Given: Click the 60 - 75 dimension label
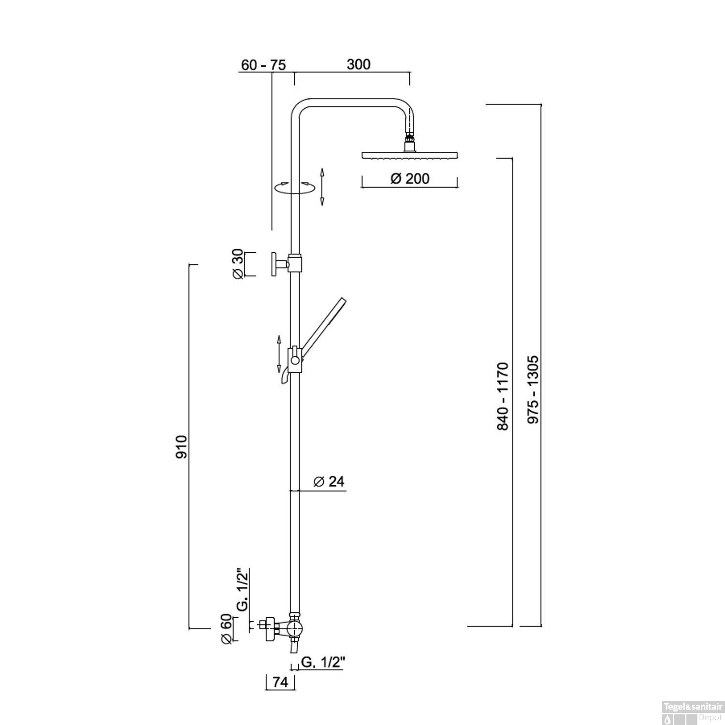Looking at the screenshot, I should click(263, 65).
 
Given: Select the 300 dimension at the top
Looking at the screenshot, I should click(358, 64).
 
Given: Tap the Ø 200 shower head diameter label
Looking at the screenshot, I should click(409, 179).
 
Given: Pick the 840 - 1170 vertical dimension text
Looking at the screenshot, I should click(503, 396).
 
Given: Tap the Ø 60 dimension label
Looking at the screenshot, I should click(226, 629).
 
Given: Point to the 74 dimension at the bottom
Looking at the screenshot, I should click(280, 682).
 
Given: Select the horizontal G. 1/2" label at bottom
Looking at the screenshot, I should click(322, 663).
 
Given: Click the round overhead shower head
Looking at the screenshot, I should click(409, 155).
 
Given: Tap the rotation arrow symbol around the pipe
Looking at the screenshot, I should click(294, 188).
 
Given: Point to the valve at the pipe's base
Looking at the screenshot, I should click(293, 628).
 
